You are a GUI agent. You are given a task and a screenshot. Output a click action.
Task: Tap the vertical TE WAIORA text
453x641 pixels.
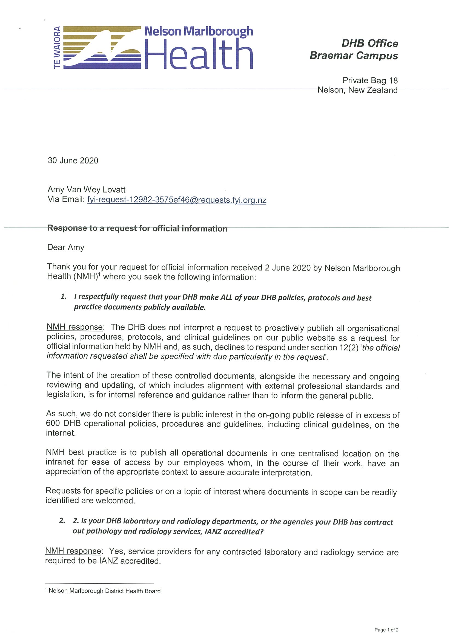click(57, 47)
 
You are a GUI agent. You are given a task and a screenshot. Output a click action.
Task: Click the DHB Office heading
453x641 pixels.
click(369, 43)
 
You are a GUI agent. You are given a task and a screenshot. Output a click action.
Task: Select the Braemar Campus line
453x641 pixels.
click(354, 55)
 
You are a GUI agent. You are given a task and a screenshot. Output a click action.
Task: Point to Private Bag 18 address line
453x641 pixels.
click(370, 81)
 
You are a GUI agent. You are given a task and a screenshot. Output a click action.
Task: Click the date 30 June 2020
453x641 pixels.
click(73, 161)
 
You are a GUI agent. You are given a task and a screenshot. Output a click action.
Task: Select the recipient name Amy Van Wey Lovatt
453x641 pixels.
click(87, 190)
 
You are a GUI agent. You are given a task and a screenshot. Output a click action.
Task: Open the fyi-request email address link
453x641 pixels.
click(177, 200)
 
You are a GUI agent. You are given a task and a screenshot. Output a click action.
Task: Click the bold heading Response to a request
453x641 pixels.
click(137, 228)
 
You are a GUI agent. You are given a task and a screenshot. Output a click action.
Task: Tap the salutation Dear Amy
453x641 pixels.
click(66, 247)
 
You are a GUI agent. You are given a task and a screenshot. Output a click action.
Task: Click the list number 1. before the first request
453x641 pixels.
click(64, 296)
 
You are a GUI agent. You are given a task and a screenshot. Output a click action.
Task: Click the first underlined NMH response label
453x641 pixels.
click(74, 327)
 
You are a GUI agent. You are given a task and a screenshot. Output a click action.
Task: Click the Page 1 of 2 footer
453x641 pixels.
click(386, 630)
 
